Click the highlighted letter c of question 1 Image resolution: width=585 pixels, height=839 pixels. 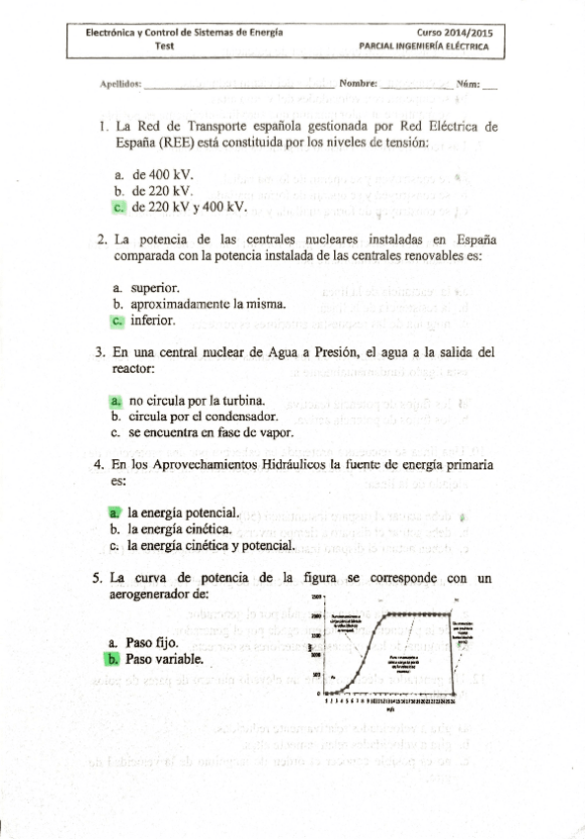[x=119, y=207]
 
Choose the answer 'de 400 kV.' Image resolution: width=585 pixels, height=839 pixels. [x=163, y=173]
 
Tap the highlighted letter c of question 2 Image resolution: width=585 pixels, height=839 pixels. [x=119, y=321]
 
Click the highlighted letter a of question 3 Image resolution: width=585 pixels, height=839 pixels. [x=116, y=401]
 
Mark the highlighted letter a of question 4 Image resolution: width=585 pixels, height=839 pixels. [x=116, y=513]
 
